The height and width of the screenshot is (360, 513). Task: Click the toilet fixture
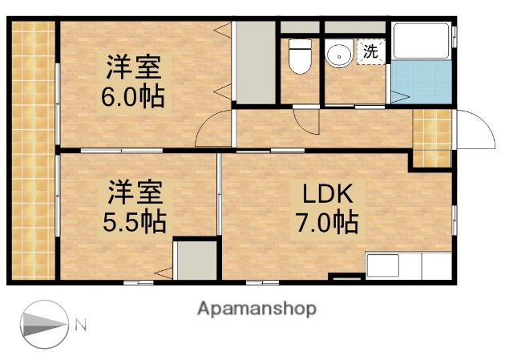[300, 57]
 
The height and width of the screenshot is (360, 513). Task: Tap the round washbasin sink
[338, 55]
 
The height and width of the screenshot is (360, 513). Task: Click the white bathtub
[422, 45]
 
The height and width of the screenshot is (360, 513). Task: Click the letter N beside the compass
[81, 325]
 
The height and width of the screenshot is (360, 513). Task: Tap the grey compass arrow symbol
[42, 325]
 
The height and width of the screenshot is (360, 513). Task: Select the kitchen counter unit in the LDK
[410, 265]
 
